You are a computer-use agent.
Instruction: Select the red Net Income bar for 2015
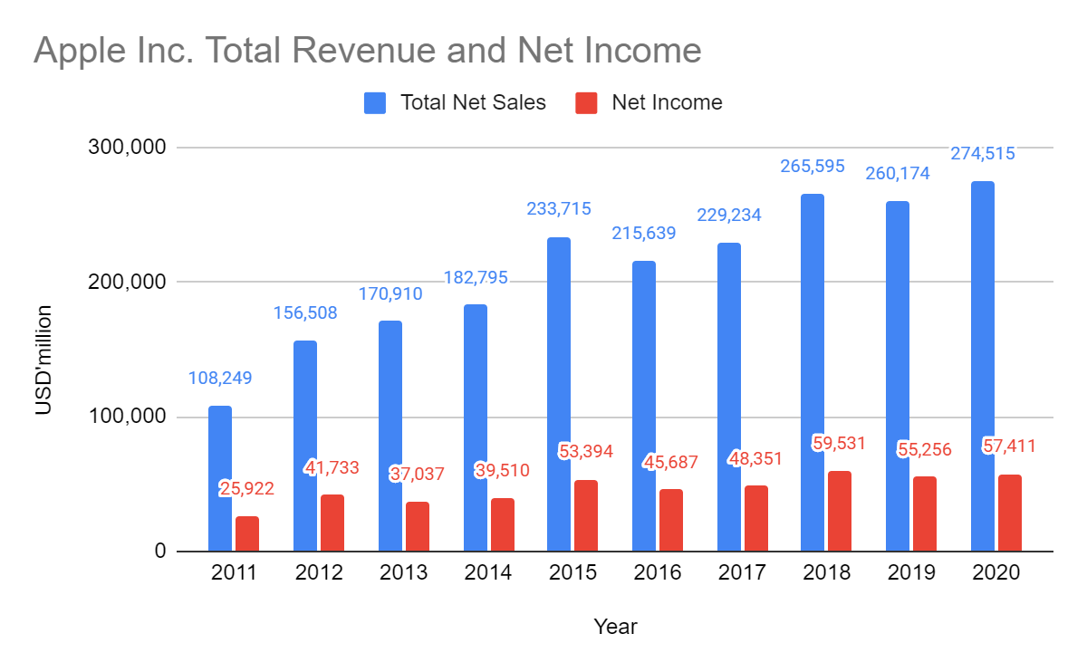click(x=586, y=515)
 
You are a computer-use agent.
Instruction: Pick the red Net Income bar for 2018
click(x=840, y=511)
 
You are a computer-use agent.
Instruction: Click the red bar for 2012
click(x=332, y=523)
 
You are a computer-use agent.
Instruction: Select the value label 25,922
click(x=246, y=489)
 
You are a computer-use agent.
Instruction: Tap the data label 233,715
click(x=559, y=209)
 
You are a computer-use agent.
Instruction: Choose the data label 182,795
click(x=476, y=278)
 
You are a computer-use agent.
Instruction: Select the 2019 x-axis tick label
click(x=911, y=573)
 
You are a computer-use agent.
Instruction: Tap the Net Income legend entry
click(x=667, y=102)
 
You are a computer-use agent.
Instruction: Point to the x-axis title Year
click(x=615, y=626)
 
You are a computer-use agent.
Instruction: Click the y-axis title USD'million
click(x=43, y=360)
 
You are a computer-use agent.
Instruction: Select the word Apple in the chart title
click(x=75, y=51)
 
